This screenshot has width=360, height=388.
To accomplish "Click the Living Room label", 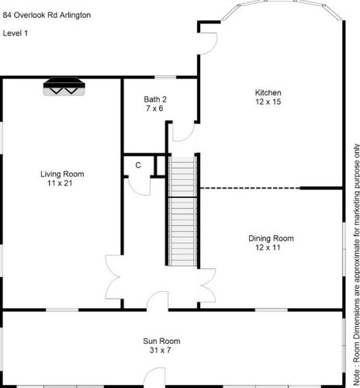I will point(62,174).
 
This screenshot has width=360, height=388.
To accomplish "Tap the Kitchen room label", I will point(263,93).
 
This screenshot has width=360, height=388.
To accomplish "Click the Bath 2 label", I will point(155,99).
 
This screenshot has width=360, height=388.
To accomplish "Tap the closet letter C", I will point(137,165).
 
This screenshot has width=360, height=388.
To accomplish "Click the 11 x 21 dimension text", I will point(62,183).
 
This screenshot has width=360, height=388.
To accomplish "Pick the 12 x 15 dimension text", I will point(263,102).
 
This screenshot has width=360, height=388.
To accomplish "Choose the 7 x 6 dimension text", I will point(155,109).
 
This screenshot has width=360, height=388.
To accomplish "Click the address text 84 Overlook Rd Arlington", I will point(47,13).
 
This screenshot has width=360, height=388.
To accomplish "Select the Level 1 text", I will point(16,33).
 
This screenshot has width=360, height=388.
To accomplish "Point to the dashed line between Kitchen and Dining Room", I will point(248,188).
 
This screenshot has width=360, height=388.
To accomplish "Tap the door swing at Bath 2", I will point(178,133).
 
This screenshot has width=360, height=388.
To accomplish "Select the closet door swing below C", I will point(137,185).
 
